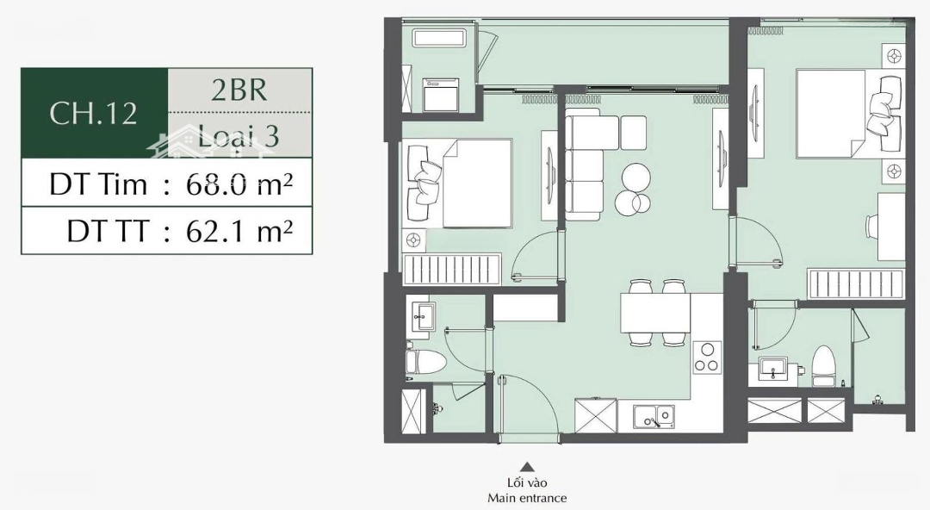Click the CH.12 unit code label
pos(93,113)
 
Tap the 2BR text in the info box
pos(239,90)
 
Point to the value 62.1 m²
pos(239,230)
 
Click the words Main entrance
pos(527,498)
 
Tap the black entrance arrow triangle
pos(527,467)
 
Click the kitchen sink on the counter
pos(654,416)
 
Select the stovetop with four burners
pos(707,358)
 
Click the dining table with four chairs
pos(655,313)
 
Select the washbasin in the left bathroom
pos(424,316)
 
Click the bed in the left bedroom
pos(460,183)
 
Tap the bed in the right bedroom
pos(848,114)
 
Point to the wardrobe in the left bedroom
pos(452,269)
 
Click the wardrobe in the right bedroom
pos(856,283)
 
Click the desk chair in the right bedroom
pos(871,227)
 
